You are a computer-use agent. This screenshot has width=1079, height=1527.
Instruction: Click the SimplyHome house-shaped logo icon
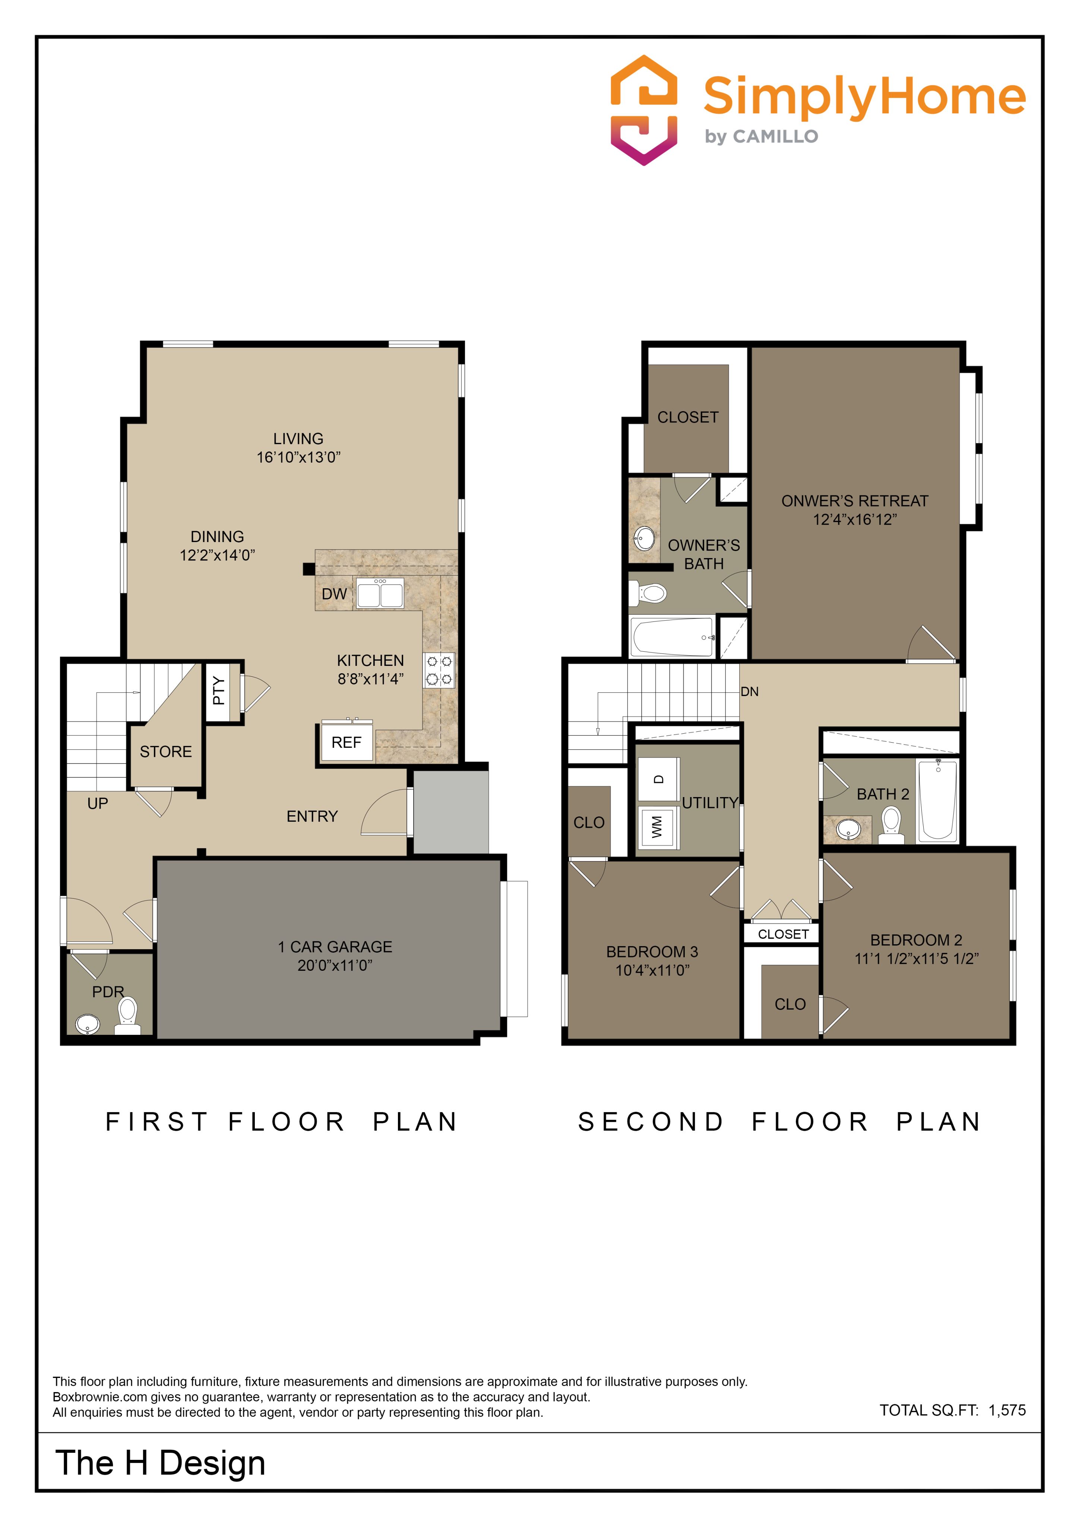click(x=643, y=110)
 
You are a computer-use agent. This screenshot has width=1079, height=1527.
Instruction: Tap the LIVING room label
click(x=298, y=439)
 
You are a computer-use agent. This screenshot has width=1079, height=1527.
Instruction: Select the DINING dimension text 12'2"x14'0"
click(x=217, y=555)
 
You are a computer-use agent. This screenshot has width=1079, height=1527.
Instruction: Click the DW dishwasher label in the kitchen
click(x=335, y=594)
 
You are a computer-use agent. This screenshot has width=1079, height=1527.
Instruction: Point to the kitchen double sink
click(x=380, y=593)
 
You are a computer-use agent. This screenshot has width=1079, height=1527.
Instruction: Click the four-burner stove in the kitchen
click(x=439, y=670)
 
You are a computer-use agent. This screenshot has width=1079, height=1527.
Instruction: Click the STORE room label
click(x=165, y=752)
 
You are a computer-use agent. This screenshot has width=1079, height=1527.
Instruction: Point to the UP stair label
click(x=98, y=803)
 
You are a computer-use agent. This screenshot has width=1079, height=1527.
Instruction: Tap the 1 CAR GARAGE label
click(x=335, y=947)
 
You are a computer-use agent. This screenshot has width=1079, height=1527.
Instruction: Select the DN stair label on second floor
click(x=750, y=692)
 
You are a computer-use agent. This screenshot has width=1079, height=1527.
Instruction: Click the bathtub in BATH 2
click(x=937, y=801)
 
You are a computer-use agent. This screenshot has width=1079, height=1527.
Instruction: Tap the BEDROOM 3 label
click(x=652, y=952)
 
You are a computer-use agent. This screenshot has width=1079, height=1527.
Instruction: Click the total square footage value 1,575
click(x=1007, y=1410)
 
